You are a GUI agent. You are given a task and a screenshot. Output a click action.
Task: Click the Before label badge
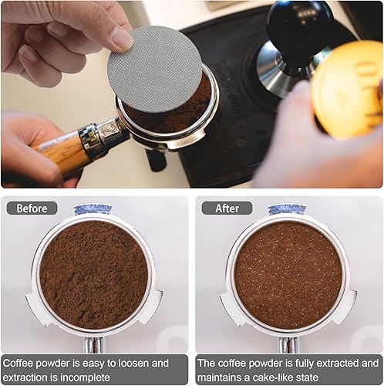pyautogui.click(x=32, y=208)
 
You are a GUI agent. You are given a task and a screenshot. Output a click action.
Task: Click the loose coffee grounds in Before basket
pyautogui.click(x=94, y=274)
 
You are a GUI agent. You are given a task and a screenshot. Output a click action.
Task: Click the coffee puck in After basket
pyautogui.click(x=288, y=274)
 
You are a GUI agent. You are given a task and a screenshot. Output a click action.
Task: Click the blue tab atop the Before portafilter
pyautogui.click(x=93, y=210)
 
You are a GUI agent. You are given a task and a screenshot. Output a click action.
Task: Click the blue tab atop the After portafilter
pyautogui.click(x=287, y=210)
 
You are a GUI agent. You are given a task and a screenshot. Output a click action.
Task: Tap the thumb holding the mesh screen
pyautogui.click(x=116, y=35)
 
